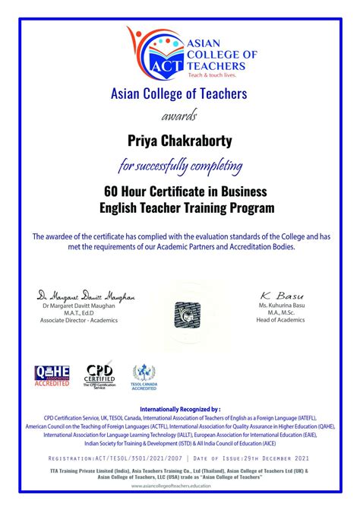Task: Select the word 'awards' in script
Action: pyautogui.click(x=179, y=116)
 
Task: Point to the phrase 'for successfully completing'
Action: pyautogui.click(x=180, y=164)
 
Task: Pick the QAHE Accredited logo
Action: pyautogui.click(x=52, y=375)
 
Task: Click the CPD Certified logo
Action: pyautogui.click(x=99, y=376)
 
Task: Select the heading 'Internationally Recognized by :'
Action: pyautogui.click(x=180, y=409)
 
